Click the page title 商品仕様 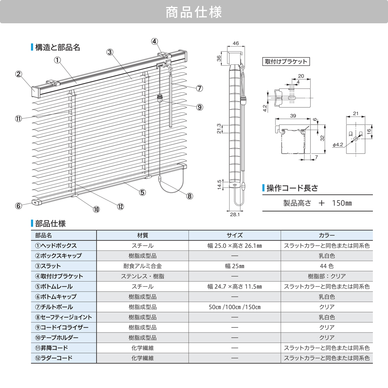(194, 12)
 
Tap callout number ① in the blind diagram (57, 60)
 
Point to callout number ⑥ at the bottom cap (18, 206)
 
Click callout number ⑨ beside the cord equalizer (200, 107)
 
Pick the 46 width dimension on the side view (236, 43)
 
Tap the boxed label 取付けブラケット (286, 61)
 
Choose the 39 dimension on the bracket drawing (293, 116)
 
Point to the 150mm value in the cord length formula (342, 203)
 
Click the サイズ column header (235, 235)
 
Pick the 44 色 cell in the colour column (327, 266)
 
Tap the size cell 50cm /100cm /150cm (234, 307)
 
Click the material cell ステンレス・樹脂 (142, 276)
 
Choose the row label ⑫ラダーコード (54, 358)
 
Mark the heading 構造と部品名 (57, 47)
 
